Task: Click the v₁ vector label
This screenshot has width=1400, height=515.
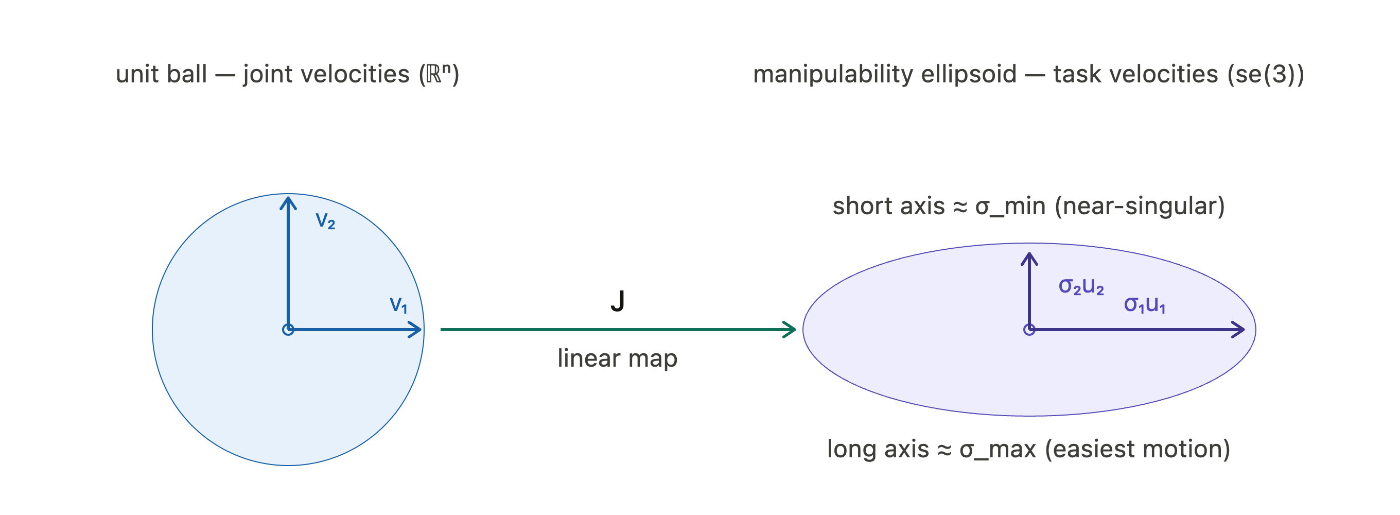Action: click(x=398, y=305)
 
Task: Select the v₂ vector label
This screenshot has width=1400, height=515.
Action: click(x=325, y=221)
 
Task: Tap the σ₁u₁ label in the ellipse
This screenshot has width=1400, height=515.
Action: click(x=1145, y=304)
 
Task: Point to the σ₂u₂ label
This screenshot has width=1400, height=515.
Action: click(x=1081, y=286)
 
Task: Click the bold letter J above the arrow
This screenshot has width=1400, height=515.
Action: click(x=618, y=301)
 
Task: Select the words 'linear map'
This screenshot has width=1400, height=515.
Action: click(x=618, y=358)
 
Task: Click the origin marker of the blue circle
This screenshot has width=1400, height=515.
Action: click(x=288, y=330)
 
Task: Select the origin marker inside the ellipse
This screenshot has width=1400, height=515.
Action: click(x=1029, y=330)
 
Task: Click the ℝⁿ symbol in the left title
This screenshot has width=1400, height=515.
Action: click(x=438, y=74)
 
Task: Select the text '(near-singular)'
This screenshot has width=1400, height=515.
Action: click(x=1140, y=207)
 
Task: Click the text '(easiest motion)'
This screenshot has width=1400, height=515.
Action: click(x=1137, y=450)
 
